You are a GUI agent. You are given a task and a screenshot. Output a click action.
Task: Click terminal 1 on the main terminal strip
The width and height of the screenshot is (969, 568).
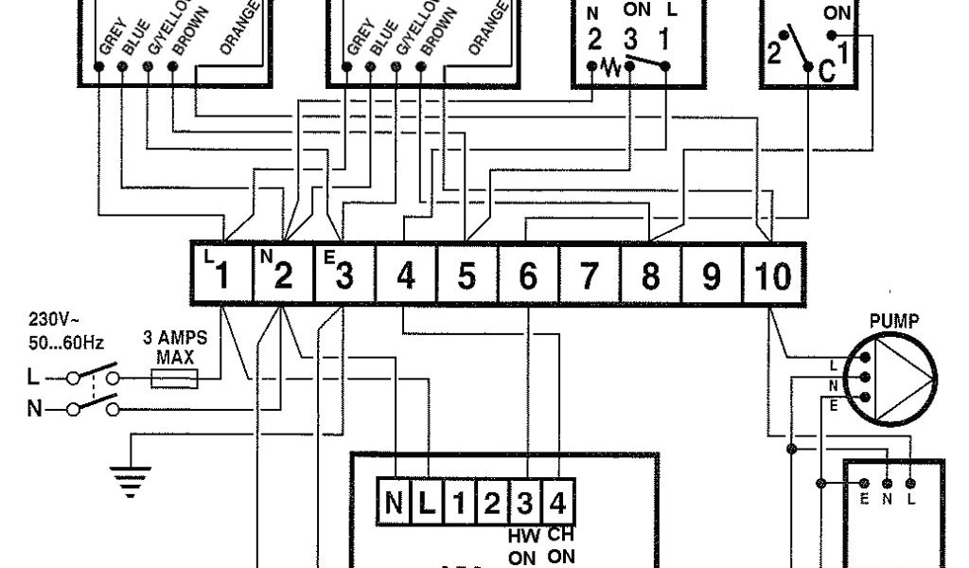(221, 275)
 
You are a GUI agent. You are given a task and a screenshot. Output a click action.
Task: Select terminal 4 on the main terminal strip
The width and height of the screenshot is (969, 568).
(406, 275)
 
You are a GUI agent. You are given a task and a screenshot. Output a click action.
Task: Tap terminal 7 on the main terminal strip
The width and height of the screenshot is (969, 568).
(590, 275)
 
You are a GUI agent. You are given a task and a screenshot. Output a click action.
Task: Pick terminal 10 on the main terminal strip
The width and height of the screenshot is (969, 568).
(773, 275)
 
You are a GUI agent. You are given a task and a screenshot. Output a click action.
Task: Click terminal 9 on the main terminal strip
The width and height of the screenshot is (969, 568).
(712, 275)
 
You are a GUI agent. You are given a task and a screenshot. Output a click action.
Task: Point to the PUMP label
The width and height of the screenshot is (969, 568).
(893, 322)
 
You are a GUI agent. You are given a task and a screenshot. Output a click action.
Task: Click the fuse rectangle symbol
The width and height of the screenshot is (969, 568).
(175, 379)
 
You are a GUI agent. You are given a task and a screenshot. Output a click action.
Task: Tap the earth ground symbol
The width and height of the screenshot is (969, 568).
(132, 478)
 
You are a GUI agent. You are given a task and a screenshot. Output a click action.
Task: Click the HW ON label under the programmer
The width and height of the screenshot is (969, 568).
(523, 546)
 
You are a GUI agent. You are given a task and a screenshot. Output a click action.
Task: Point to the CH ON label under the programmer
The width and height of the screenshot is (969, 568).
(560, 546)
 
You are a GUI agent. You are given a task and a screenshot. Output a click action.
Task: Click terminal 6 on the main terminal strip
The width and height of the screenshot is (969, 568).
(528, 275)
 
